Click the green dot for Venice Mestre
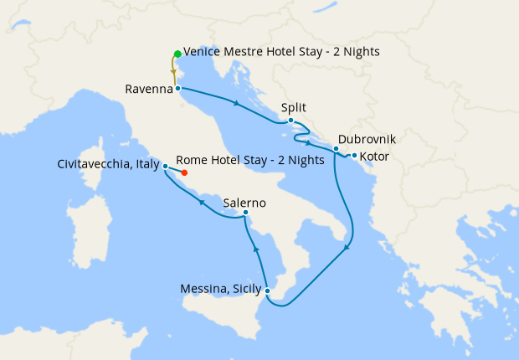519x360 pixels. [177, 54]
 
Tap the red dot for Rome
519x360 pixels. [184, 173]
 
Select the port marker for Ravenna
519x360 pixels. [178, 87]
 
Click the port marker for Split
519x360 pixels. [290, 121]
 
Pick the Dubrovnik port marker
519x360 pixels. [336, 149]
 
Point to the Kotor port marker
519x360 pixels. [354, 156]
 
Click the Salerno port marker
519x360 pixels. [244, 213]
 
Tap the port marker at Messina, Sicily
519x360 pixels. [266, 291]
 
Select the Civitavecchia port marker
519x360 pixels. [166, 166]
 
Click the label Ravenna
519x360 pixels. [148, 88]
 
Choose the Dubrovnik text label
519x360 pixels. [367, 140]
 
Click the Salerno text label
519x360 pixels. [245, 202]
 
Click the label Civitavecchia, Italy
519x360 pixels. [109, 165]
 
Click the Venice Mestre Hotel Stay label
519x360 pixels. [281, 52]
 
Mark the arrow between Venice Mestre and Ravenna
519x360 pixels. [173, 71]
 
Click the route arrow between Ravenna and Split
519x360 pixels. [238, 104]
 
